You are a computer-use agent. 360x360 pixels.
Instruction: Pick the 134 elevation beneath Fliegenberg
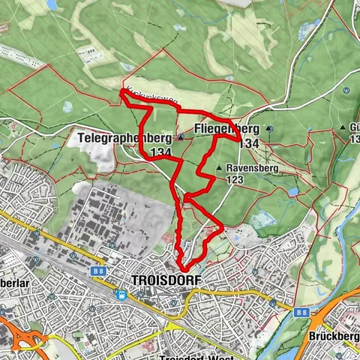250,142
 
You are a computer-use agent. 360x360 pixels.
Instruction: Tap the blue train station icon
121,295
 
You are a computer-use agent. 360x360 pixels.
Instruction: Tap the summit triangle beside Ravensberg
218,169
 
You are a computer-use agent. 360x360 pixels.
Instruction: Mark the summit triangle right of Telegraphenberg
181,138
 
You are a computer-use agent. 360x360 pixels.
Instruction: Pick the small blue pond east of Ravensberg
291,192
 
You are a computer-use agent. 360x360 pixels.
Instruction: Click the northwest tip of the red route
121,92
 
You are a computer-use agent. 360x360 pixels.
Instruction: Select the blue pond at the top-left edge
52,5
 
